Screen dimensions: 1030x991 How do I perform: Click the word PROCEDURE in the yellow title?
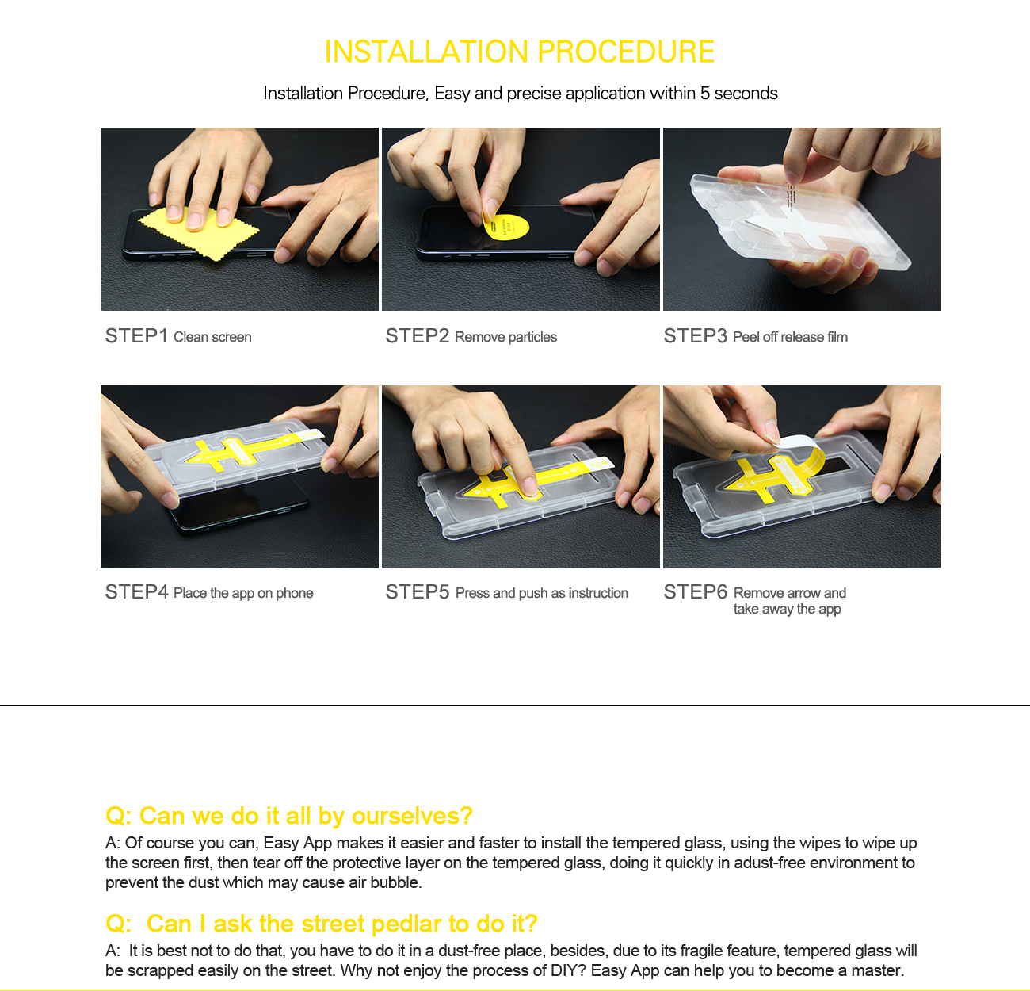[x=626, y=52]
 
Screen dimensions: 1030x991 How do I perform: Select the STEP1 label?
[x=136, y=336]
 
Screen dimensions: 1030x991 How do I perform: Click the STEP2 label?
[x=417, y=336]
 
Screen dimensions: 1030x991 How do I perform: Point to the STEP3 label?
[x=696, y=336]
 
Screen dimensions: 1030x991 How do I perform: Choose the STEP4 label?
[x=136, y=592]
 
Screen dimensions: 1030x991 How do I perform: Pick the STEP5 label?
[x=417, y=592]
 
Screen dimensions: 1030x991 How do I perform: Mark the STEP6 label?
[x=696, y=592]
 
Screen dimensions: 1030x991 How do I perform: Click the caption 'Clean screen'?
[x=213, y=337]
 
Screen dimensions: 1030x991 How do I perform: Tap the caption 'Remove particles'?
[x=506, y=337]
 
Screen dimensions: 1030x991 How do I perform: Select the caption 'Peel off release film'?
[x=790, y=337]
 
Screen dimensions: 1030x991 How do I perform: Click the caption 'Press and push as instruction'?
[x=542, y=593]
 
